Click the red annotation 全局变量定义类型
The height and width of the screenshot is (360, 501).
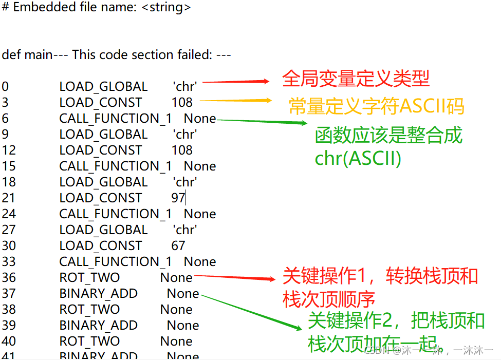[356, 79]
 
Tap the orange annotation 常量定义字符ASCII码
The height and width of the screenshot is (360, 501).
[377, 106]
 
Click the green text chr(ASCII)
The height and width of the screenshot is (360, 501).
[358, 158]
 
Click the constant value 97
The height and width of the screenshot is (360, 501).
[178, 198]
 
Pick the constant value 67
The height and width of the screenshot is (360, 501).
[178, 246]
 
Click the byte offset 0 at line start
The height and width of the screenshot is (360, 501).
[5, 87]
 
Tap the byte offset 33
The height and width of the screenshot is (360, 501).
[9, 262]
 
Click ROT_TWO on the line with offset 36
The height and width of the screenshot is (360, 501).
[89, 278]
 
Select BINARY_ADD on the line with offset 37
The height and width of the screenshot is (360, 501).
[99, 294]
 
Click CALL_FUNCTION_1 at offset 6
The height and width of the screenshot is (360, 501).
[116, 119]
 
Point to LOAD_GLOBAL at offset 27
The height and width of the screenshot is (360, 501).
[103, 230]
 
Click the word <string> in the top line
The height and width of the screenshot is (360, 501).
[166, 8]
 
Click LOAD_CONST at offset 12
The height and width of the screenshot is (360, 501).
[101, 150]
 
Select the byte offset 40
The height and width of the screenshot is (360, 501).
[9, 342]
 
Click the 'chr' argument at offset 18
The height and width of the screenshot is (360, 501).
[185, 182]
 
